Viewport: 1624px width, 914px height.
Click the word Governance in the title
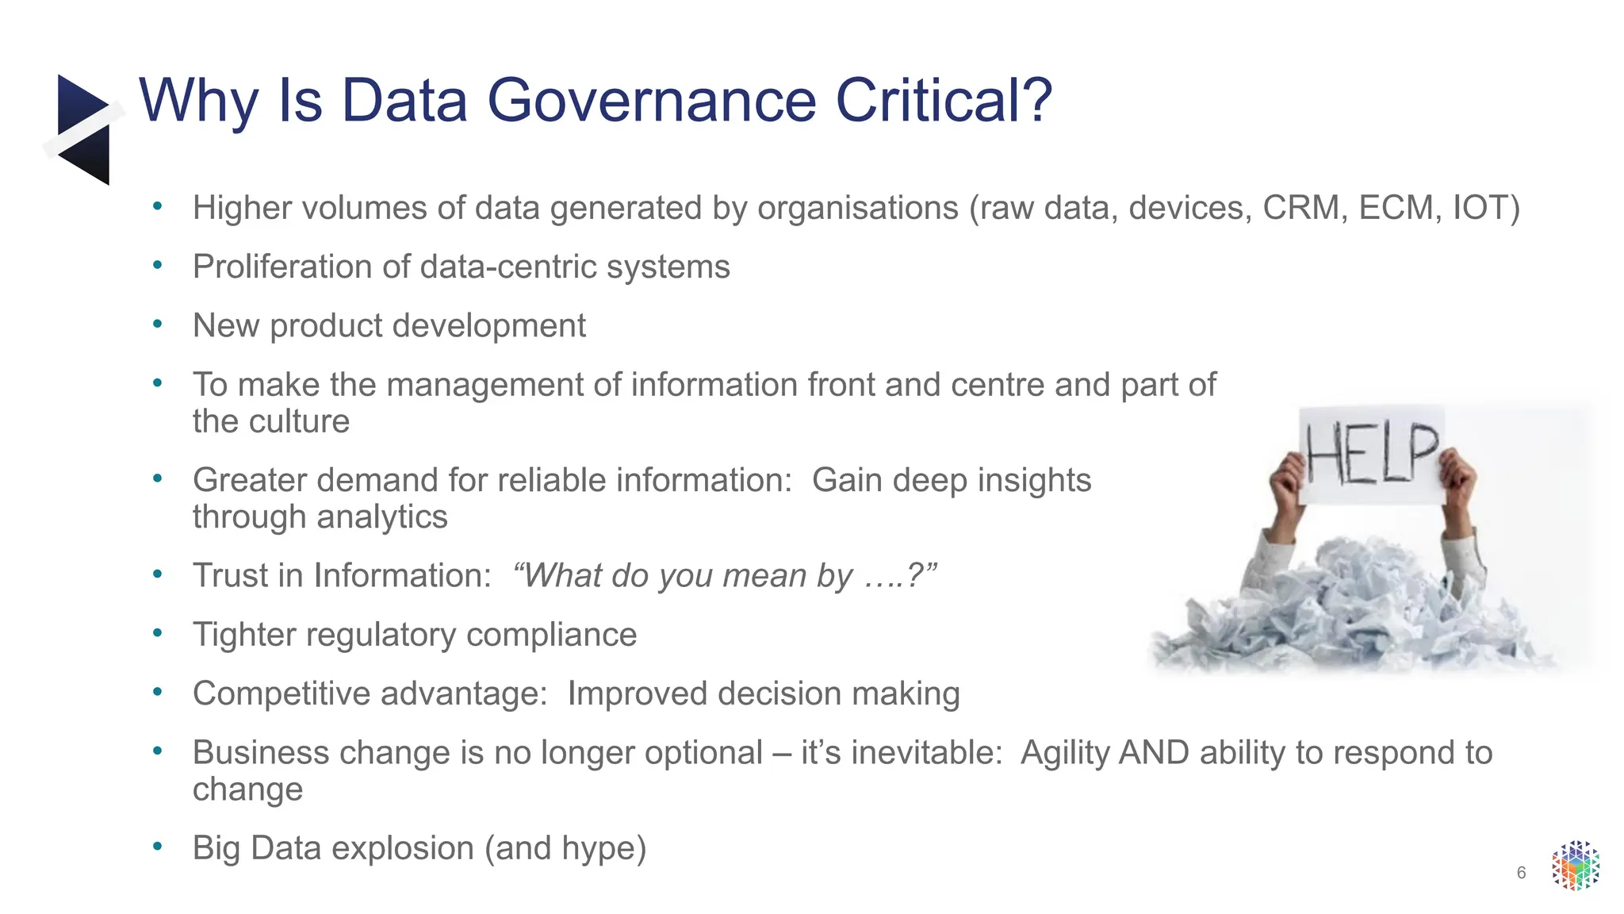tap(650, 101)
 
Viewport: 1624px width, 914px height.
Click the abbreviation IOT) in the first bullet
tap(1486, 209)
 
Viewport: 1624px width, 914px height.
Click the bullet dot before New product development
tap(158, 325)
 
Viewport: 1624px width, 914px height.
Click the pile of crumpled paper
tap(1348, 611)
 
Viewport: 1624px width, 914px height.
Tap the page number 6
tap(1521, 874)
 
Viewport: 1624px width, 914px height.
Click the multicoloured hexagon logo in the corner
tap(1575, 866)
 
